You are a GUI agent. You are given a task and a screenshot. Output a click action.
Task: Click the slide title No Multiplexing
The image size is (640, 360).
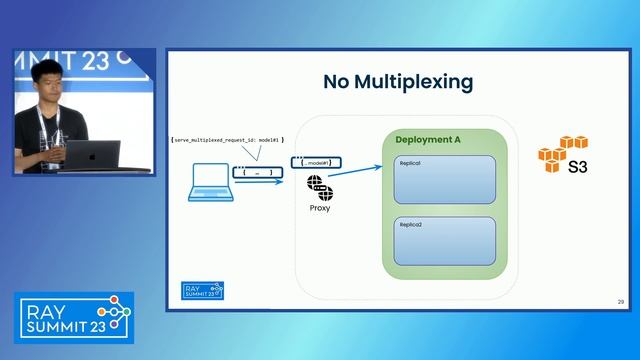tap(397, 82)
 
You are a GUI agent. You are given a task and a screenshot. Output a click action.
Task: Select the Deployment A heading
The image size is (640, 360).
tap(427, 140)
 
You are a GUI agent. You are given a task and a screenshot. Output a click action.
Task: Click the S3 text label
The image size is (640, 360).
tap(577, 167)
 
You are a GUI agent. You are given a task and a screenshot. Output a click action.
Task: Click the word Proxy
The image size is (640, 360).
tap(320, 208)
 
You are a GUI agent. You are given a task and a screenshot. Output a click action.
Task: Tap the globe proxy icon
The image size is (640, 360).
tap(320, 187)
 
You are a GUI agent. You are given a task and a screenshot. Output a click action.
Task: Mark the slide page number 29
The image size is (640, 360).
tap(620, 301)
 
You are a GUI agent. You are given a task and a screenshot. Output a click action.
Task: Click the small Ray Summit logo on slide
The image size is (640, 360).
tap(202, 290)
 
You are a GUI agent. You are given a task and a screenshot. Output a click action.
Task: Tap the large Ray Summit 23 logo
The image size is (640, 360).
tap(73, 316)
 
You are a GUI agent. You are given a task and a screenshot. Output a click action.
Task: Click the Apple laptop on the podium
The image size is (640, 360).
tap(92, 154)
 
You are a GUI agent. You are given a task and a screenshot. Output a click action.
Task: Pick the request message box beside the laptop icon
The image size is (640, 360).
tap(257, 172)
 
